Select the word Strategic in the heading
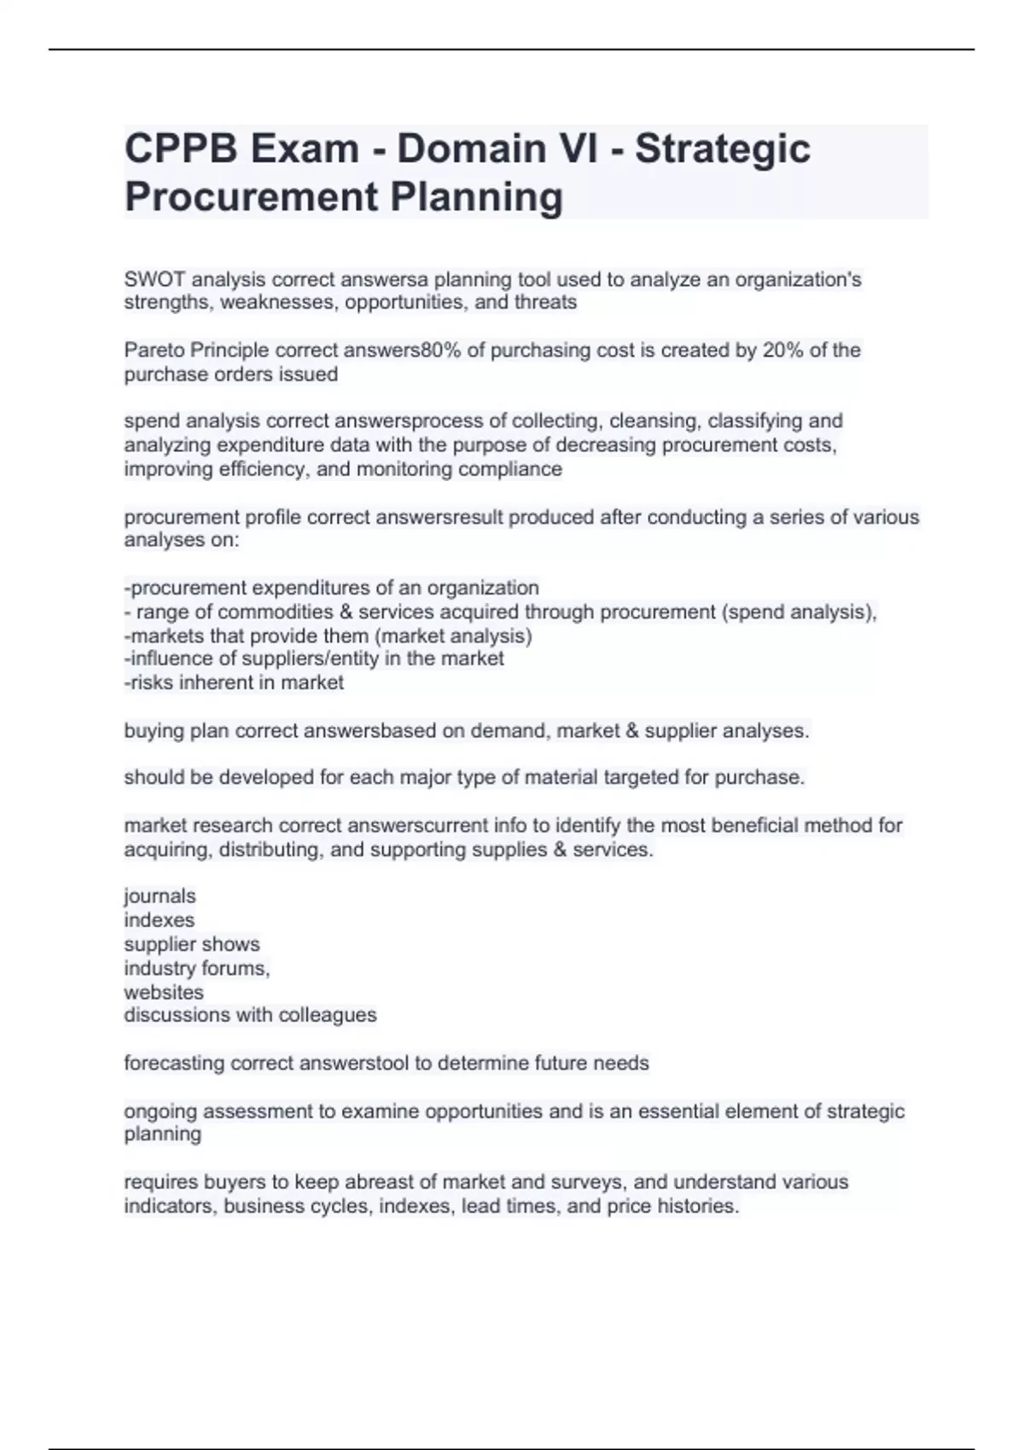pyautogui.click(x=722, y=148)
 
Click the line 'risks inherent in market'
pyautogui.click(x=236, y=682)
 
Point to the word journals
pyautogui.click(x=160, y=896)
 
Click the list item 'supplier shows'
pyautogui.click(x=192, y=944)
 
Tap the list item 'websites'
pyautogui.click(x=164, y=992)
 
